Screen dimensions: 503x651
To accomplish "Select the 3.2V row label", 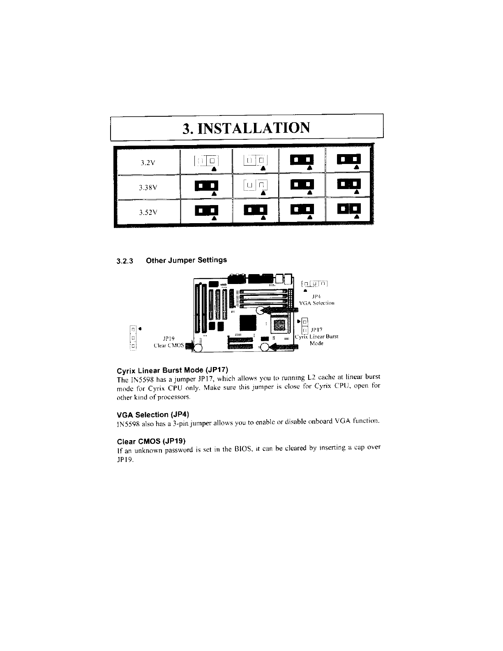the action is click(x=147, y=162).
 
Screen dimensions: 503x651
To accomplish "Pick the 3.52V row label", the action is click(x=147, y=212).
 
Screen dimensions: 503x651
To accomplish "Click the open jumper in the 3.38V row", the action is click(x=256, y=186).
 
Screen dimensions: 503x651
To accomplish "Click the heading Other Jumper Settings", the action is click(x=186, y=260).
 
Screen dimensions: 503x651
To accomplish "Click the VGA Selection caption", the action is click(x=317, y=303).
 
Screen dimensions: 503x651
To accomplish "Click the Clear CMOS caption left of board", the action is click(x=168, y=345).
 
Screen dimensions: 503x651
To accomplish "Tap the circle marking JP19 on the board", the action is click(x=198, y=348).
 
